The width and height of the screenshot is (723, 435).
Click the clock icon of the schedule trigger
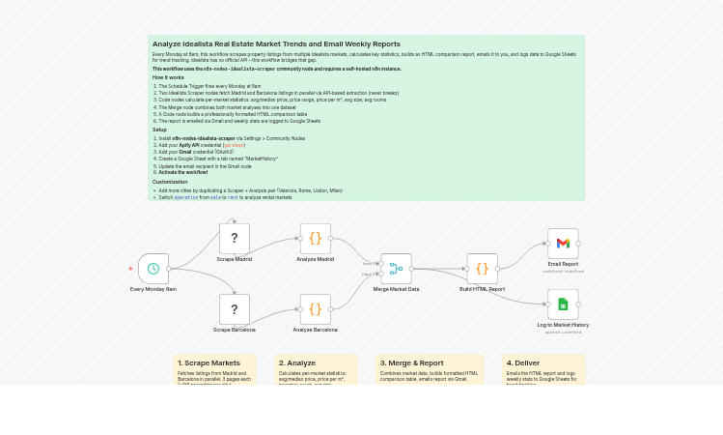click(153, 269)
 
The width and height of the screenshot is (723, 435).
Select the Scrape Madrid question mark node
click(235, 239)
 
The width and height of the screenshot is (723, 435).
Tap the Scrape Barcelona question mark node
click(235, 309)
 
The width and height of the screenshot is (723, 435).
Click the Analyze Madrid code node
click(315, 239)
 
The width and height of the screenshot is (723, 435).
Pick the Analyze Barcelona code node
click(315, 309)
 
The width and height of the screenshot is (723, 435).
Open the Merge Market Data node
click(396, 269)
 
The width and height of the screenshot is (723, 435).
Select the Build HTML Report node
click(482, 269)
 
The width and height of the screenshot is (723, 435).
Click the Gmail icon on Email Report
click(563, 244)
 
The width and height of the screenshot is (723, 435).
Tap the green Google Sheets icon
click(563, 304)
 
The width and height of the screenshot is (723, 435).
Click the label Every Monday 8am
click(153, 289)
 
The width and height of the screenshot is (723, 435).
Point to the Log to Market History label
click(563, 325)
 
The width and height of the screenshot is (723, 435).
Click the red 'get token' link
click(234, 145)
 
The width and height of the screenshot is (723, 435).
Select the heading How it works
click(168, 77)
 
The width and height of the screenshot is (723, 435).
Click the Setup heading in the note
click(159, 130)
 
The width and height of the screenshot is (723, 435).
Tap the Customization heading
click(170, 182)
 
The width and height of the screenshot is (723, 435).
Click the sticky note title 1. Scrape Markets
click(209, 363)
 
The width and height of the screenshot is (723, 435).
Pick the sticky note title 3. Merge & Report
click(411, 363)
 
